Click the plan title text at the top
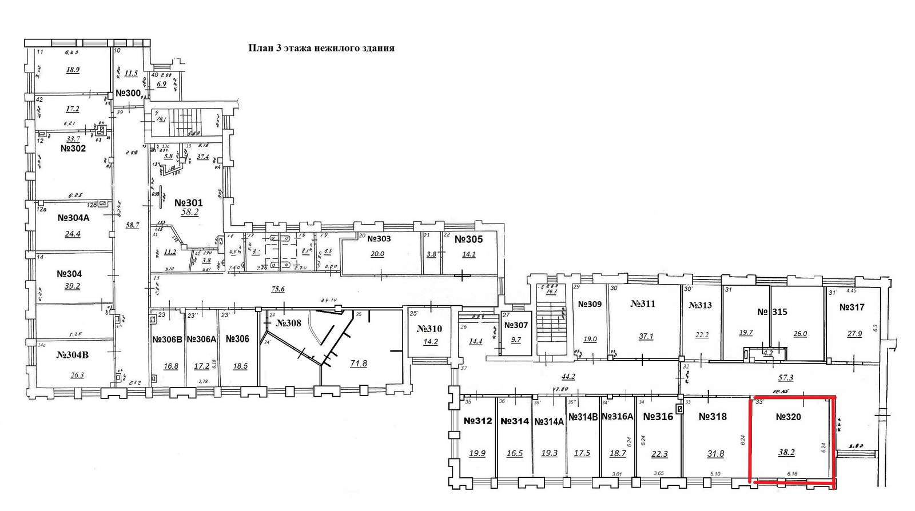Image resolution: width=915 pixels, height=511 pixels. pyautogui.click(x=321, y=49)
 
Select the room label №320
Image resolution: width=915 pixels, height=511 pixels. pyautogui.click(x=788, y=417)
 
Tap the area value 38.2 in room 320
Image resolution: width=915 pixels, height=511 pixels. pyautogui.click(x=786, y=452)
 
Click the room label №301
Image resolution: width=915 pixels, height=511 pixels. pyautogui.click(x=188, y=203)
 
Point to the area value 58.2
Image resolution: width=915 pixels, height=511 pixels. pyautogui.click(x=189, y=213)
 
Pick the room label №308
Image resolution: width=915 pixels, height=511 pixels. pyautogui.click(x=288, y=324)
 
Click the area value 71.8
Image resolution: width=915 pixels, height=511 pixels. pyautogui.click(x=358, y=364)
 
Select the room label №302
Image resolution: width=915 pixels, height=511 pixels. pyautogui.click(x=73, y=149)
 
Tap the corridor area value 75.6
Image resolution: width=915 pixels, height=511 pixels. pyautogui.click(x=277, y=289)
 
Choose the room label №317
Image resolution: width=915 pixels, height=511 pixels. pyautogui.click(x=852, y=308)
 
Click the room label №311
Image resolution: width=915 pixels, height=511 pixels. pyautogui.click(x=643, y=304)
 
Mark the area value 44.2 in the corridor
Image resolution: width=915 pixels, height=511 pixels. pyautogui.click(x=568, y=377)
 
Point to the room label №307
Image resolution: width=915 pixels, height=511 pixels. pyautogui.click(x=516, y=325)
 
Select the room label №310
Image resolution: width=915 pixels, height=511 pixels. pyautogui.click(x=429, y=329)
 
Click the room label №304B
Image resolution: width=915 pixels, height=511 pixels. pyautogui.click(x=73, y=355)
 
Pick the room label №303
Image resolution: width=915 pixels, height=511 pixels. pyautogui.click(x=379, y=239)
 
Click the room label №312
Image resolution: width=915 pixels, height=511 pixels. pyautogui.click(x=478, y=421)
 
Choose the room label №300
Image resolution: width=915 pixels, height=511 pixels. pyautogui.click(x=128, y=93)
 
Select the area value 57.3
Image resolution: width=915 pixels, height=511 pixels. pyautogui.click(x=786, y=378)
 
